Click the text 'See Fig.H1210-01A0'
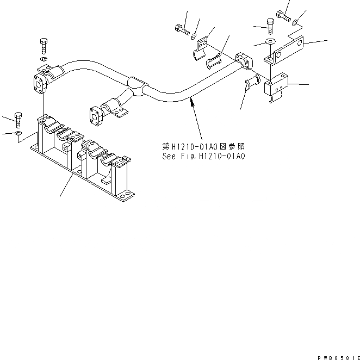pos(204,156)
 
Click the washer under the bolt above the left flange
pos(44,58)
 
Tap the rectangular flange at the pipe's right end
pos(245,60)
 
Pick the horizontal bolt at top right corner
pos(284,15)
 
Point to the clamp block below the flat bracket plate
pos(278,85)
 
